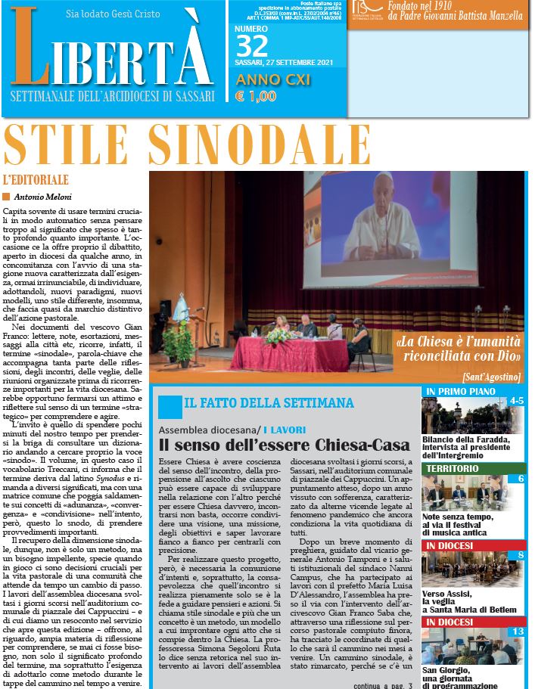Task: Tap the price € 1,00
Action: (255, 96)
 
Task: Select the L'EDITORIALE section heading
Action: (36, 180)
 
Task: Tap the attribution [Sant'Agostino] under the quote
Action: (490, 376)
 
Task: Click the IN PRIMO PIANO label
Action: (460, 391)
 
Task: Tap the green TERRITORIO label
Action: (452, 469)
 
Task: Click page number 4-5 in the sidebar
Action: (517, 400)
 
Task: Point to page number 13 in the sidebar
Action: (518, 632)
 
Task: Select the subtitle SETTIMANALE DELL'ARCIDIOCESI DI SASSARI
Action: (113, 97)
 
